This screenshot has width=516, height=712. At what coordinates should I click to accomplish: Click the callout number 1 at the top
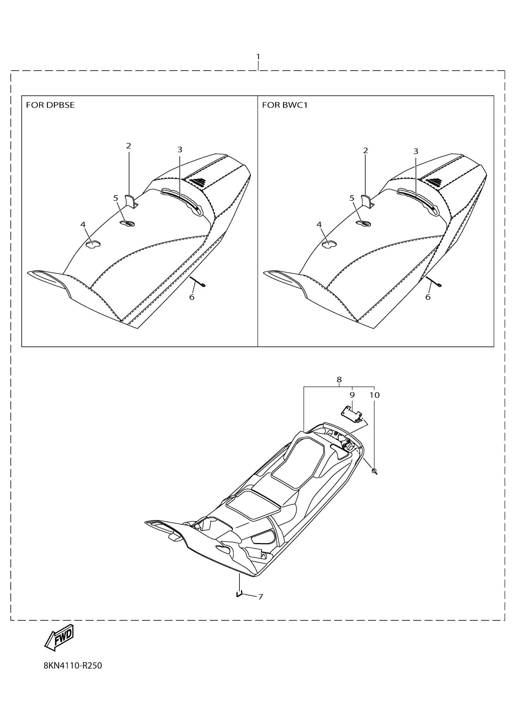pyautogui.click(x=258, y=57)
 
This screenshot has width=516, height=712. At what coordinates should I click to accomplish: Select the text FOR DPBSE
pyautogui.click(x=50, y=105)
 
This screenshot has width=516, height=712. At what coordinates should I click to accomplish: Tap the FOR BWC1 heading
pyautogui.click(x=285, y=105)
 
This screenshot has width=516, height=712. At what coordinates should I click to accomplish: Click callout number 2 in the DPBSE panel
pyautogui.click(x=128, y=146)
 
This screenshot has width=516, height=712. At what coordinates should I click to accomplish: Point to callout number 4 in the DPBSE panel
pyautogui.click(x=83, y=224)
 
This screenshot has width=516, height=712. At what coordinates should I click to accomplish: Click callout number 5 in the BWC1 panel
pyautogui.click(x=352, y=198)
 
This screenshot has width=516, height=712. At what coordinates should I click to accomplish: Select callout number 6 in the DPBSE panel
pyautogui.click(x=192, y=297)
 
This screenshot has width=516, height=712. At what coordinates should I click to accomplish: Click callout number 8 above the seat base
pyautogui.click(x=339, y=380)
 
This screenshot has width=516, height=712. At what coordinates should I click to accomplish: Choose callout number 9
pyautogui.click(x=352, y=395)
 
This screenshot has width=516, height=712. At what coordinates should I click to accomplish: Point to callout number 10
pyautogui.click(x=375, y=395)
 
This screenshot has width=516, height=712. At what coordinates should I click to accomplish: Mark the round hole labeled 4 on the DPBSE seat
pyautogui.click(x=93, y=244)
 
